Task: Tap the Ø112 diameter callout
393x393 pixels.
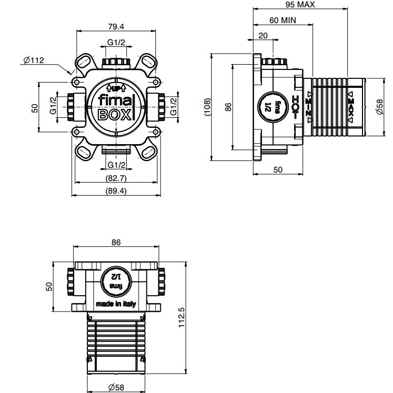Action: [33, 61]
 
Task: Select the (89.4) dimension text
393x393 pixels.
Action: [116, 191]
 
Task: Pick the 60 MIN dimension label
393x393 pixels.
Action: [283, 20]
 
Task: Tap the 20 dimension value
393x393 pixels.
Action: [263, 35]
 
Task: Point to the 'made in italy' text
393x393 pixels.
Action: [116, 304]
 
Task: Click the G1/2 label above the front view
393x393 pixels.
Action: [116, 43]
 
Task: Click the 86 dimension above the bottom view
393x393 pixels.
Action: [116, 242]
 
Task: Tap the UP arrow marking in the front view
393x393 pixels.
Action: [115, 87]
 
